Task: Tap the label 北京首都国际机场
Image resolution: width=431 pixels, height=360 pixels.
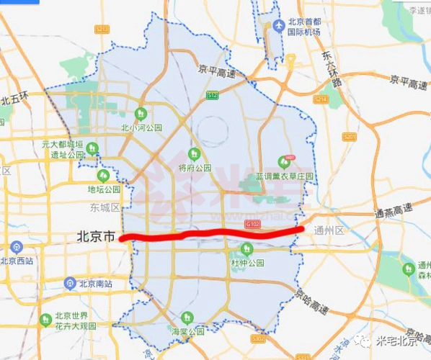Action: click(305, 27)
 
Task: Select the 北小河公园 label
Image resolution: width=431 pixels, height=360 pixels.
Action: click(138, 130)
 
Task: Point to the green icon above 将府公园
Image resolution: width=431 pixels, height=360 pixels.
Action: click(193, 153)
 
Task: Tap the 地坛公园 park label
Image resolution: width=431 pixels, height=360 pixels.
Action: click(104, 189)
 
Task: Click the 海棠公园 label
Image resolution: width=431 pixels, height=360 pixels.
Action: click(187, 332)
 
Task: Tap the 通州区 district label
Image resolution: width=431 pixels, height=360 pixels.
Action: click(331, 231)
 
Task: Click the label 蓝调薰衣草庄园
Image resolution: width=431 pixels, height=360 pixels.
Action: click(285, 176)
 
